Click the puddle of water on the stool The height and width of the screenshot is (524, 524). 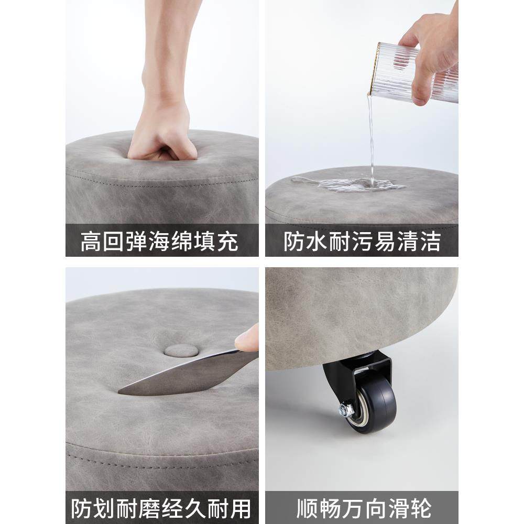[x=348, y=184]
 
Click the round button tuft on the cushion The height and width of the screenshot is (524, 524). [x=177, y=350]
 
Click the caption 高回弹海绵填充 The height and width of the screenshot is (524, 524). [x=159, y=242]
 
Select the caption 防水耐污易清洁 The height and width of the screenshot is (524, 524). [x=362, y=242]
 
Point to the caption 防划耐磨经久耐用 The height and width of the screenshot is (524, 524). [x=161, y=508]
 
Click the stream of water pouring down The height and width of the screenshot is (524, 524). [x=372, y=136]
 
